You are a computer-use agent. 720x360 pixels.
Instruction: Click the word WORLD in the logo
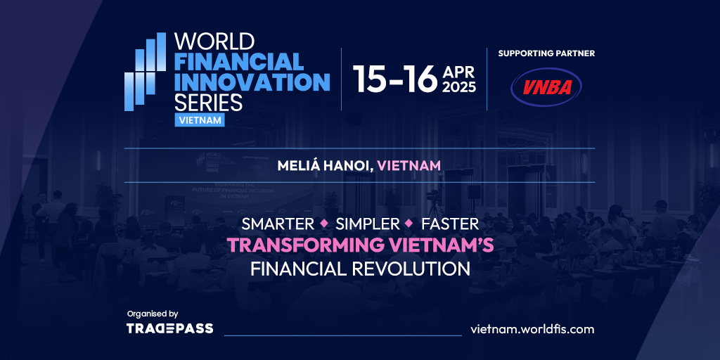point(214,41)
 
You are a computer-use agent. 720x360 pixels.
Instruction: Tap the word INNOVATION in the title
point(252,82)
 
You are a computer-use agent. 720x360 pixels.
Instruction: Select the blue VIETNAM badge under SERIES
point(199,120)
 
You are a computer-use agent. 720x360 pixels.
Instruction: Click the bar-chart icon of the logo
point(145,72)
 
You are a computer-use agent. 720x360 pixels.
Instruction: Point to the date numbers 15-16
point(395,79)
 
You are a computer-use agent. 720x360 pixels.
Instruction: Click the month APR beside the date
point(458,72)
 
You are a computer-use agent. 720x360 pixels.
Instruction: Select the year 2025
point(458,87)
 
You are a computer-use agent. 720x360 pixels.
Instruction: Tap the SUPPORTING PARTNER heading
point(546,53)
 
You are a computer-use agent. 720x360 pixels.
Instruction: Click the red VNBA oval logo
point(546,86)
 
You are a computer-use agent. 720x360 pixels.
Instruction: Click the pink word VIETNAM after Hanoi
point(409,166)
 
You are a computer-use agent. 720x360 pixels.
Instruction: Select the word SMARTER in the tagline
point(278,224)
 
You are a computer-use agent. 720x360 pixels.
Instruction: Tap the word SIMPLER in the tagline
point(368,224)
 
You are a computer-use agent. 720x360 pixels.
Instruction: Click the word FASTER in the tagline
point(450,224)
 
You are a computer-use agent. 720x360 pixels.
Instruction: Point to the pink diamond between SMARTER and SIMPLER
point(325,224)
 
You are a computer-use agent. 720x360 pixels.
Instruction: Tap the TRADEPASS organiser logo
point(170,328)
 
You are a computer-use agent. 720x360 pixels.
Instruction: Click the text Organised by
point(152,314)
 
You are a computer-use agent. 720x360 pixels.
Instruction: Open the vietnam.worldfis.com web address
point(533,329)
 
